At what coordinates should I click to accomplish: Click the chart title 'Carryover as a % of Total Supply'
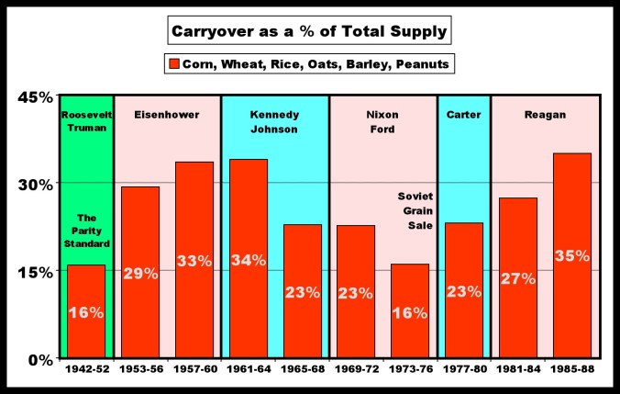[309, 32]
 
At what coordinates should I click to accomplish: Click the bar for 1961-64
[248, 258]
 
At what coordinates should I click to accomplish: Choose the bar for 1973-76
[409, 311]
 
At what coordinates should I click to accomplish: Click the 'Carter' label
[463, 115]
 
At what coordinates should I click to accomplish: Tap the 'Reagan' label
[545, 115]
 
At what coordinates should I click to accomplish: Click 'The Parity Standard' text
[88, 231]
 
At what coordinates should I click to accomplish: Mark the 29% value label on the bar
[140, 273]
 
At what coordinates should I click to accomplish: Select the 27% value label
[518, 278]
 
